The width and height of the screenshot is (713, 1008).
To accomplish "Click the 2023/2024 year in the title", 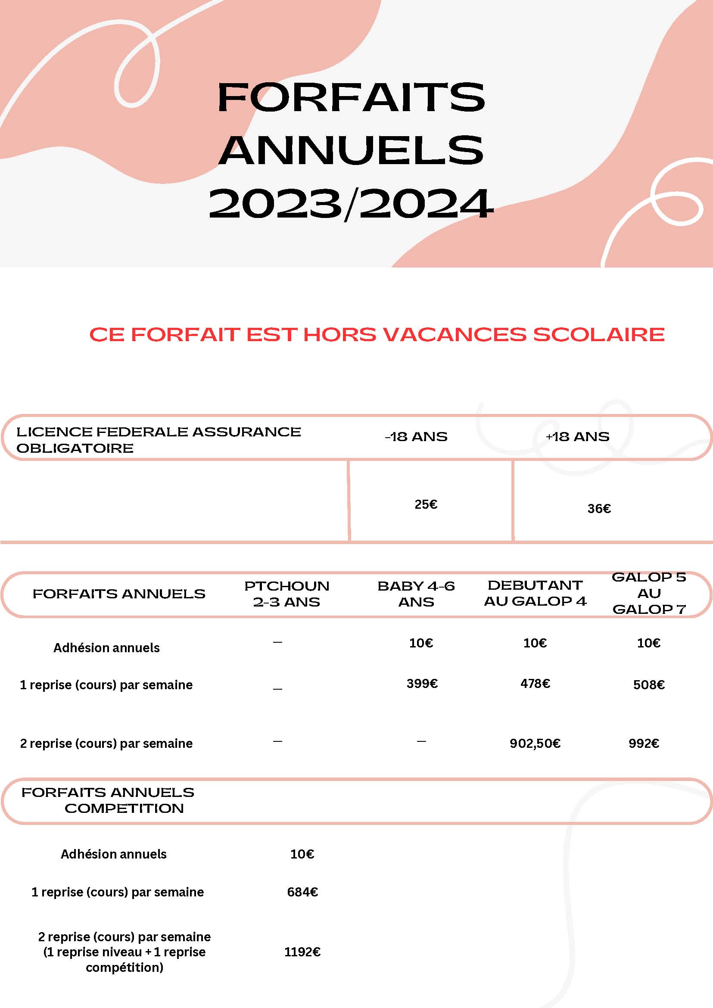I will click(x=351, y=204).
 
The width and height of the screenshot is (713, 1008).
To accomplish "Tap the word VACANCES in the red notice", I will click(x=455, y=335).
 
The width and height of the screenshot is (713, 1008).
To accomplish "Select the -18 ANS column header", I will click(x=416, y=436).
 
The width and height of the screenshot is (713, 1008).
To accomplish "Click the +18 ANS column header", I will click(x=577, y=436).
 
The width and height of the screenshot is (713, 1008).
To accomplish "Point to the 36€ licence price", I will click(x=599, y=508).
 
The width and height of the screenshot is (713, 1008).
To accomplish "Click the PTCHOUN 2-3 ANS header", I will click(x=286, y=594).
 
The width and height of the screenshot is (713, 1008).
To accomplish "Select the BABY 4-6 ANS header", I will click(x=416, y=594).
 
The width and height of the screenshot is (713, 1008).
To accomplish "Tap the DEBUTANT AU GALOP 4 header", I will click(x=535, y=593).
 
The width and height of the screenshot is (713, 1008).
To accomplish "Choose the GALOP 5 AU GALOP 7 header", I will click(x=649, y=593).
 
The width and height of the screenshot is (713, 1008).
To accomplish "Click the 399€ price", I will click(x=422, y=683).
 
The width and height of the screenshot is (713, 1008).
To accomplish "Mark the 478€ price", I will click(x=535, y=683).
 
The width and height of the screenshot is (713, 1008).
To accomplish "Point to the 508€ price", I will click(x=648, y=684).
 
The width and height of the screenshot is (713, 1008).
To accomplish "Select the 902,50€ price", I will click(x=535, y=743).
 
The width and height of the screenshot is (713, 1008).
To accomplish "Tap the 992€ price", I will click(x=644, y=743).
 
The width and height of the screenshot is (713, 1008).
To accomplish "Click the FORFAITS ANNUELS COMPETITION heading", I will click(x=108, y=800).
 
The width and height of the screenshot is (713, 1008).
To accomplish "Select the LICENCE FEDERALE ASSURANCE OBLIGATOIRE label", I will click(x=158, y=439).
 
